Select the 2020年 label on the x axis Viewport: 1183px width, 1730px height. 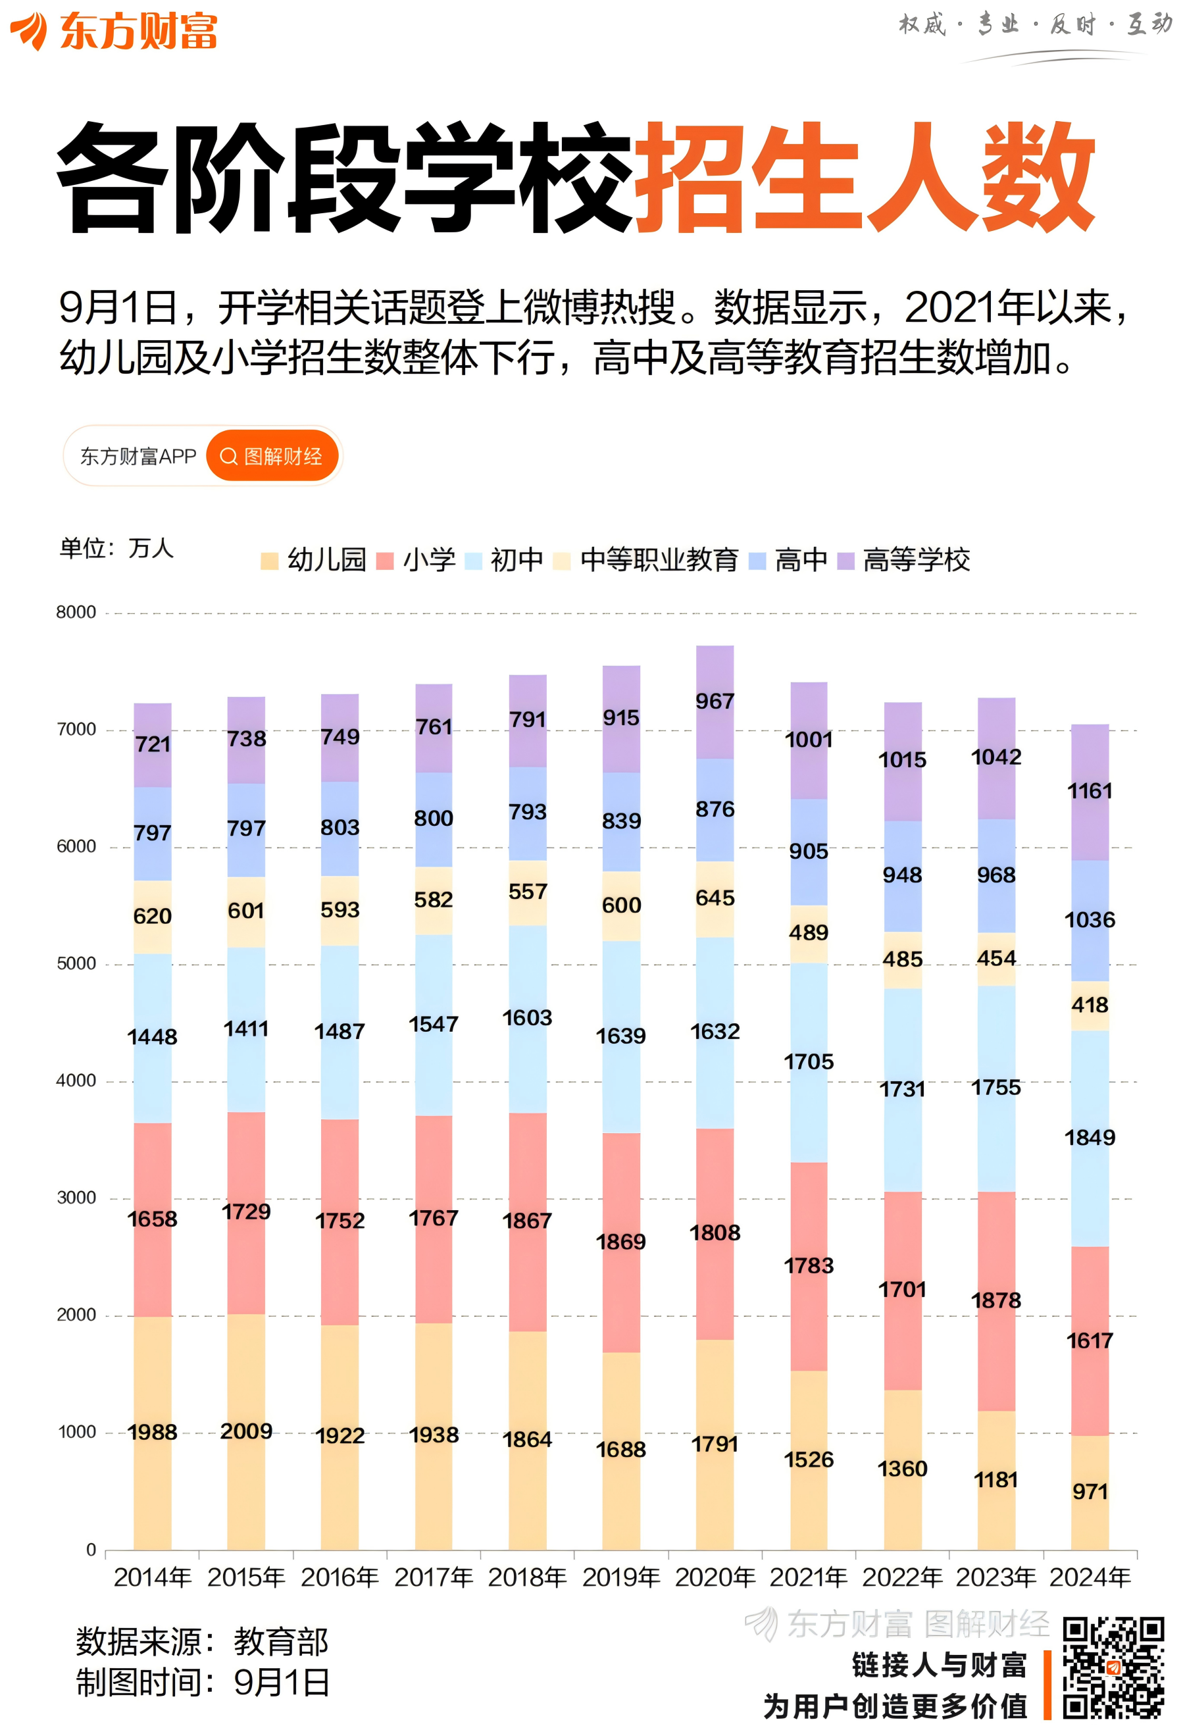715,1577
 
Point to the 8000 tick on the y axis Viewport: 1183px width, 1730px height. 76,612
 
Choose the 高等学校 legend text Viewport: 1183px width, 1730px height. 916,560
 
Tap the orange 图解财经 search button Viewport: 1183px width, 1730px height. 272,455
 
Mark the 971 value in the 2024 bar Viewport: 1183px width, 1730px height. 1090,1491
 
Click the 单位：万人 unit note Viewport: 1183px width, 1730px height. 116,548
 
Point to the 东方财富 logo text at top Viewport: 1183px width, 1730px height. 138,32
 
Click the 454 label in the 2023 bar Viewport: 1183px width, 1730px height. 996,958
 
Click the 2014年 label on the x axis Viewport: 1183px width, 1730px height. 153,1577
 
